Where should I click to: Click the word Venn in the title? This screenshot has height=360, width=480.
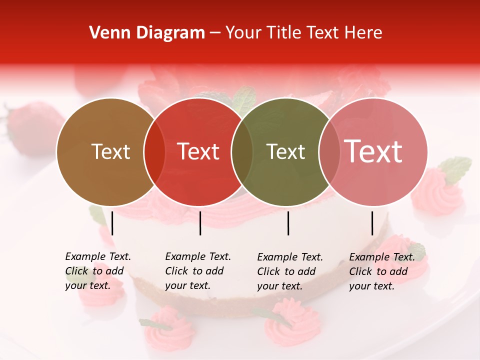pos(106,33)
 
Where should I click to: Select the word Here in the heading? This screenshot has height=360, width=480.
pos(363,33)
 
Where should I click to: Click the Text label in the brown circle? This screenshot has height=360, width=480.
pos(110,152)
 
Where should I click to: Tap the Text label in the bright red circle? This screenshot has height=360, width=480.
pos(198,152)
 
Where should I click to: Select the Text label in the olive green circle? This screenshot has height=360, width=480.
pos(286,152)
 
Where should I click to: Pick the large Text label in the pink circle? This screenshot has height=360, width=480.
pos(373,151)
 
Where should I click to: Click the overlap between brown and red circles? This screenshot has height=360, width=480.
pos(154,152)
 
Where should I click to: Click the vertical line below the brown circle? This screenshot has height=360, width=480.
pos(112,223)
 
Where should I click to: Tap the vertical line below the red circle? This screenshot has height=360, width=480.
pos(200,223)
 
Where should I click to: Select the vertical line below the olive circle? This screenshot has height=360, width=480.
pos(288,223)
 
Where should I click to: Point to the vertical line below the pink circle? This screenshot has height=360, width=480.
pos(372,223)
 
